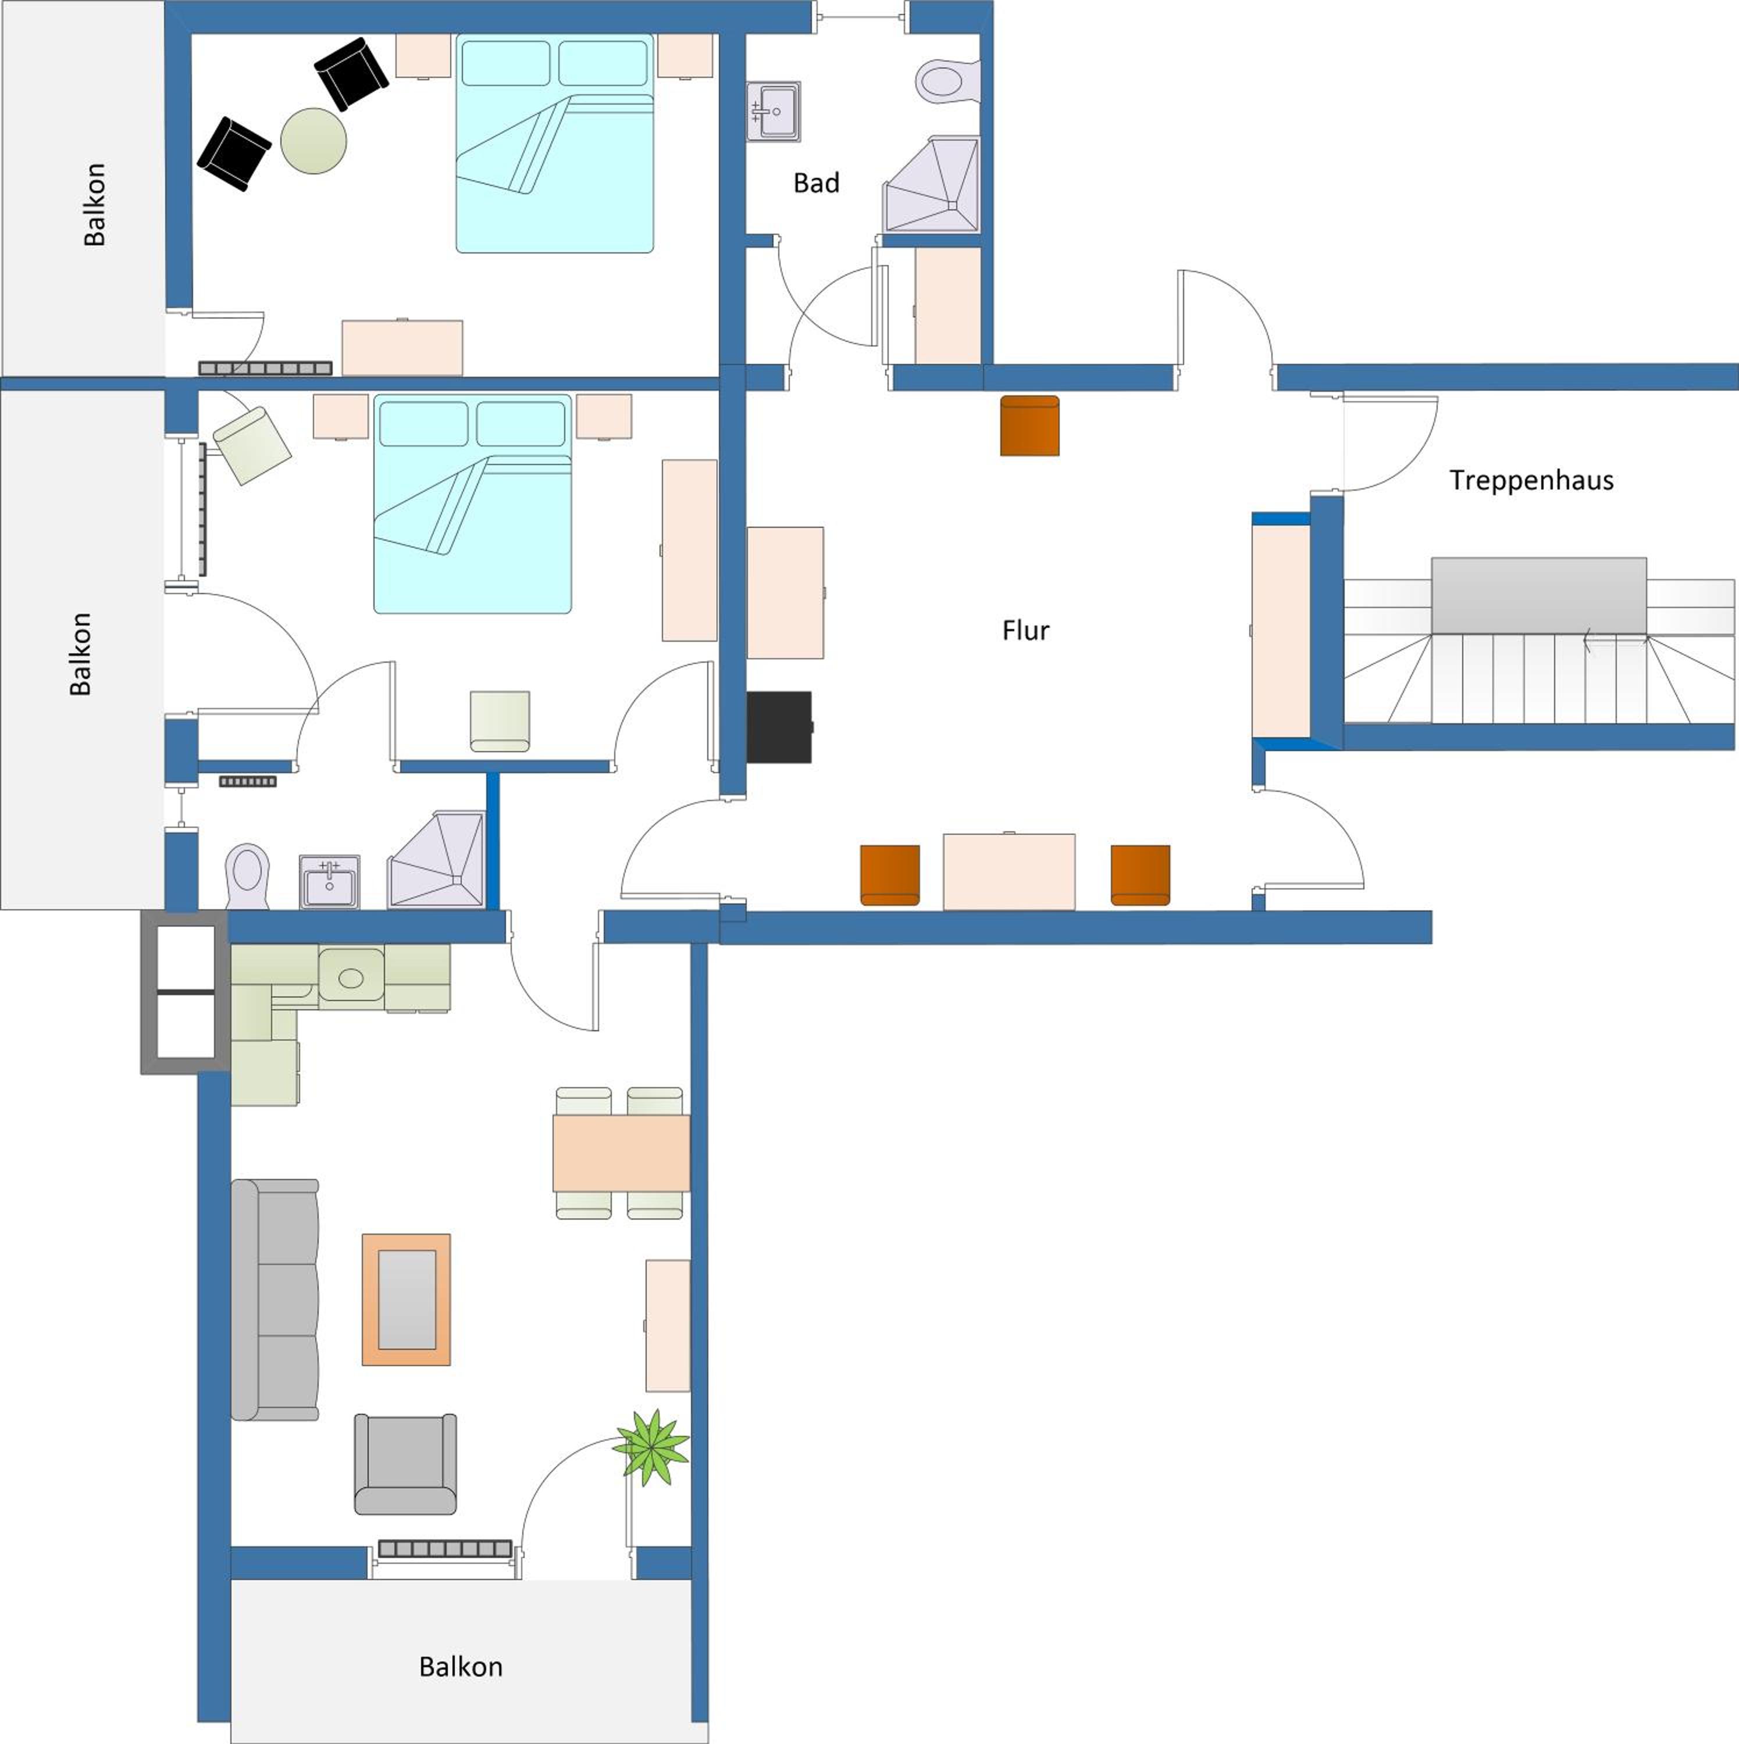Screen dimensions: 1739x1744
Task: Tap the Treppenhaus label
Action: [x=1531, y=480]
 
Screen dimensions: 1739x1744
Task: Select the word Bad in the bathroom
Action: [x=816, y=183]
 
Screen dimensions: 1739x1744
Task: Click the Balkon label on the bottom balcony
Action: [x=461, y=1666]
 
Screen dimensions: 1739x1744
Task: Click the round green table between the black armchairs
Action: [x=313, y=141]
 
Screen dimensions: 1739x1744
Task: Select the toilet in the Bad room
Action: [x=947, y=80]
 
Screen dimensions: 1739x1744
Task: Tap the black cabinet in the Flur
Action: [x=779, y=727]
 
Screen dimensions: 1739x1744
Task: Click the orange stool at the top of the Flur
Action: [x=1029, y=425]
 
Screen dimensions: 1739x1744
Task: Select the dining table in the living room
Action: [x=621, y=1153]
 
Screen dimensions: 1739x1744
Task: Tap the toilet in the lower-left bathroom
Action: [x=247, y=877]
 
